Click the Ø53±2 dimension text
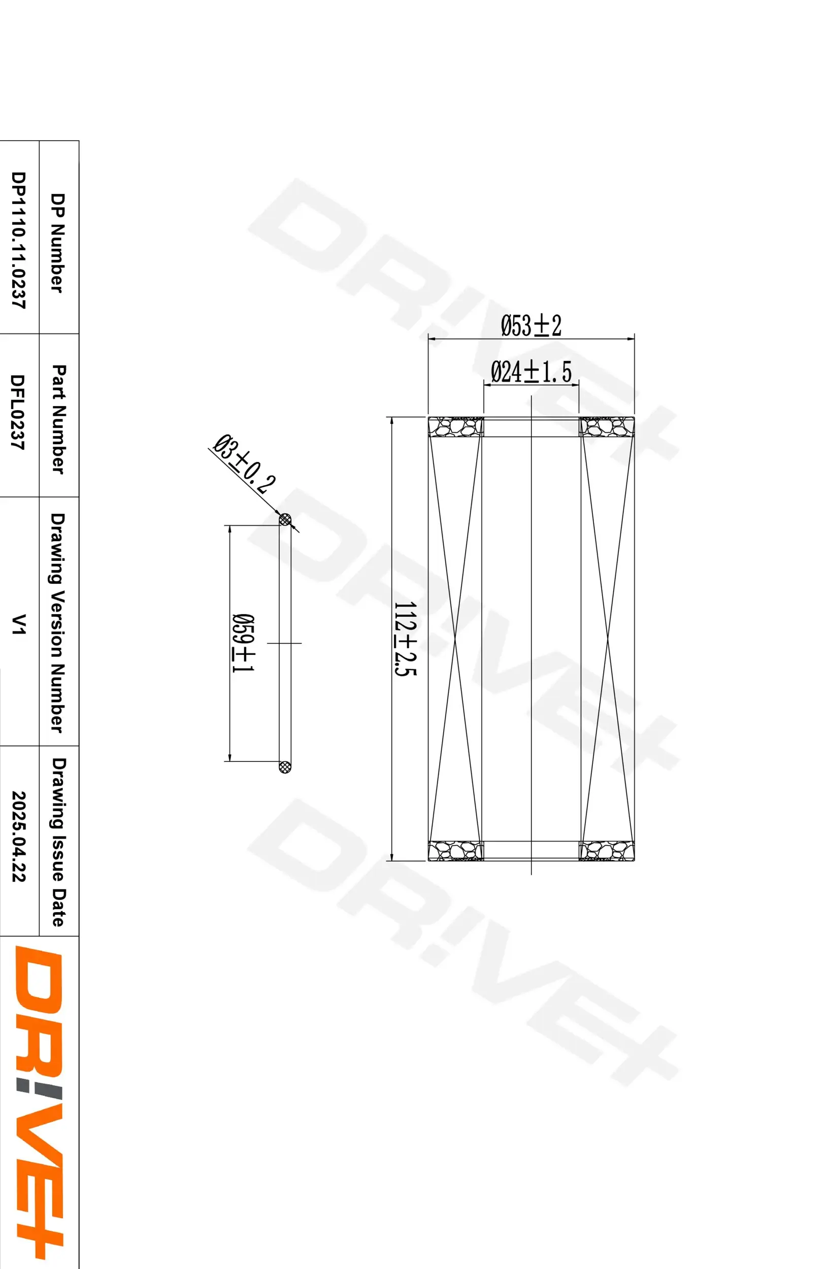(x=531, y=326)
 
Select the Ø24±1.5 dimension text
(x=531, y=372)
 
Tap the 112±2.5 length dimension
(x=405, y=638)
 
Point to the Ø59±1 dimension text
(x=243, y=643)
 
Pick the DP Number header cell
(x=59, y=243)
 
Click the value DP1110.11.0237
(x=19, y=240)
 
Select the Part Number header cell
(x=59, y=419)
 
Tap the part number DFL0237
(x=19, y=412)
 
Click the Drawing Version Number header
(x=59, y=623)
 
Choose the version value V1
(x=19, y=624)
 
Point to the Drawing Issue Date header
(x=59, y=842)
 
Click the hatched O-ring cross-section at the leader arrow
(x=286, y=519)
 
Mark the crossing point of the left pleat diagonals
(x=455, y=638)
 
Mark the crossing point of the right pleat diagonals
(x=607, y=638)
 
